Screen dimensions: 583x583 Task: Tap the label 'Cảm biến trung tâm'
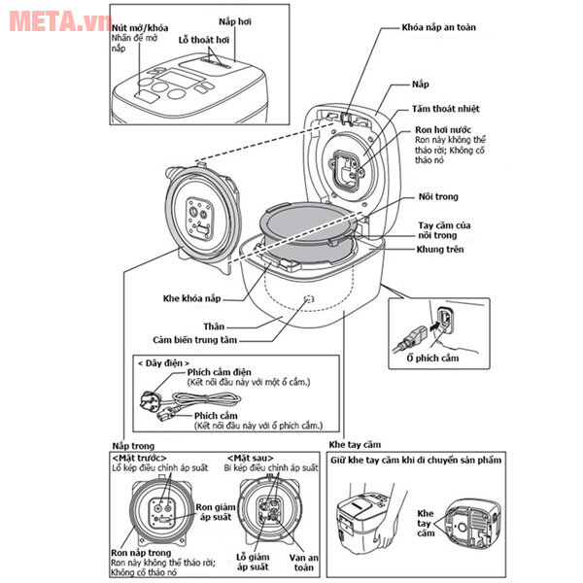pyautogui.click(x=186, y=340)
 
